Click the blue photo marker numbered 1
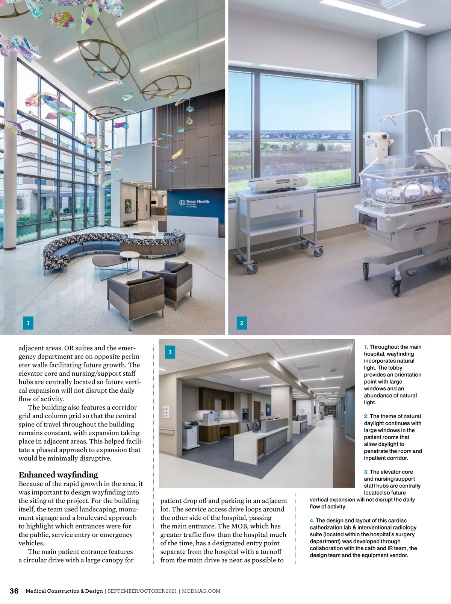[28, 323]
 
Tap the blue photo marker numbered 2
[242, 323]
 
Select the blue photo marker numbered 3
[170, 352]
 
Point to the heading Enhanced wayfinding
[58, 475]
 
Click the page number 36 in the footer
[14, 591]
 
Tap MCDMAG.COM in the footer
[201, 591]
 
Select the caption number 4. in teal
[312, 521]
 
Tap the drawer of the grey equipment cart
[282, 206]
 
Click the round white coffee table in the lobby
[127, 256]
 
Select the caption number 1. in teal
[366, 347]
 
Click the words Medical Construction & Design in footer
[64, 591]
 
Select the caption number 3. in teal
[366, 472]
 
